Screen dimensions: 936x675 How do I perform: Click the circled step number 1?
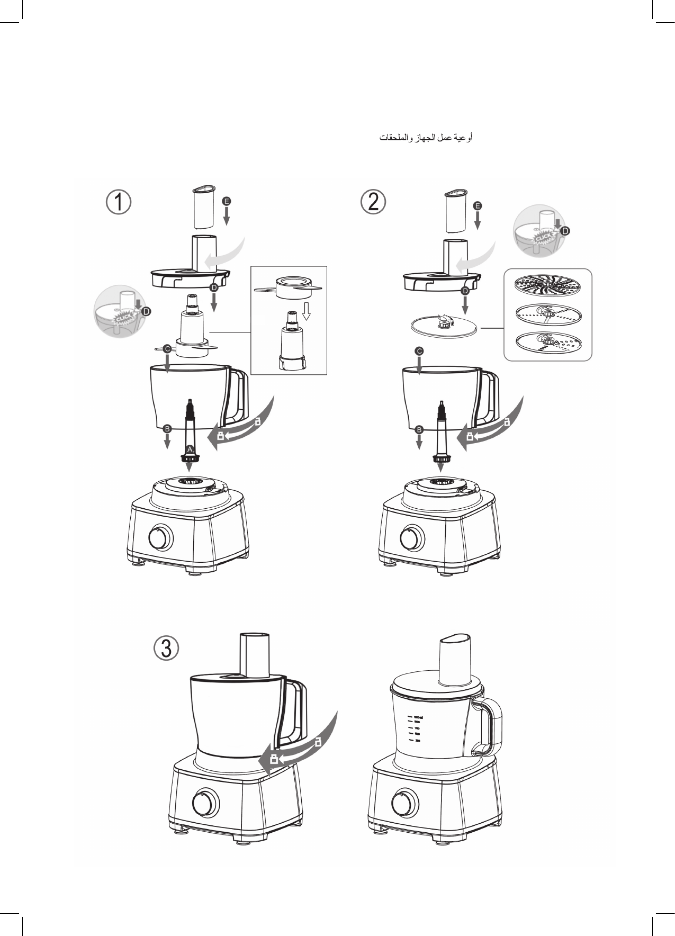tap(118, 203)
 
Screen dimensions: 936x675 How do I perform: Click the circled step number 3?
tap(166, 649)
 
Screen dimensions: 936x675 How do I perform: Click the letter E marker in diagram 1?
tap(227, 202)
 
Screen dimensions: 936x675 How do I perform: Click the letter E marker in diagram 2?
tap(477, 205)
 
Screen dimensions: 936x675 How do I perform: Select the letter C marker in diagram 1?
tap(167, 349)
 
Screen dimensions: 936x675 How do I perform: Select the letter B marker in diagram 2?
tap(419, 429)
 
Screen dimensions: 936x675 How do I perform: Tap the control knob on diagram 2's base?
tap(411, 538)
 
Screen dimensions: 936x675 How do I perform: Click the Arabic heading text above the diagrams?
tap(425, 138)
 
